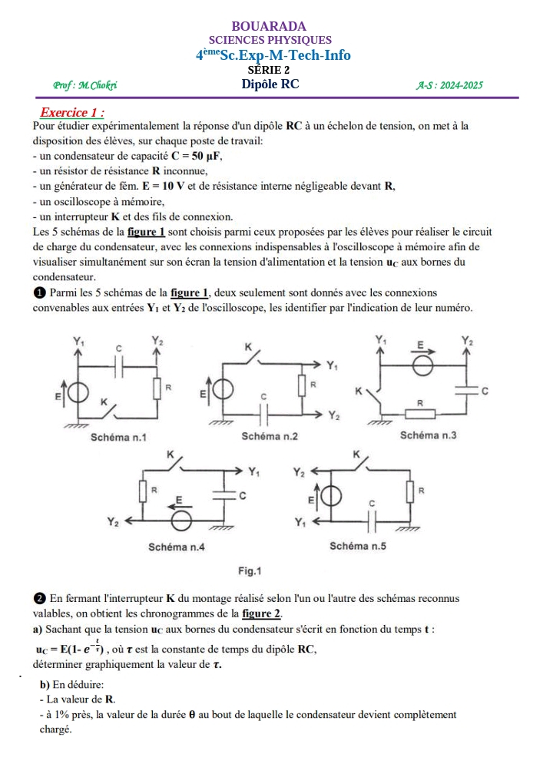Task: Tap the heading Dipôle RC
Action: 270,84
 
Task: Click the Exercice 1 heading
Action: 72,112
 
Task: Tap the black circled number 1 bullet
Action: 39,293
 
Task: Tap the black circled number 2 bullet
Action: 39,598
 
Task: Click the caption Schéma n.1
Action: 118,438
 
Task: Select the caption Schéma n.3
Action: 429,435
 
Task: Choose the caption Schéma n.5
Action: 357,547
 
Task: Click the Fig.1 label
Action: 250,571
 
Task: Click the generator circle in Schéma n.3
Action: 421,365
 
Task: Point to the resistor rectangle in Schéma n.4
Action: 143,488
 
